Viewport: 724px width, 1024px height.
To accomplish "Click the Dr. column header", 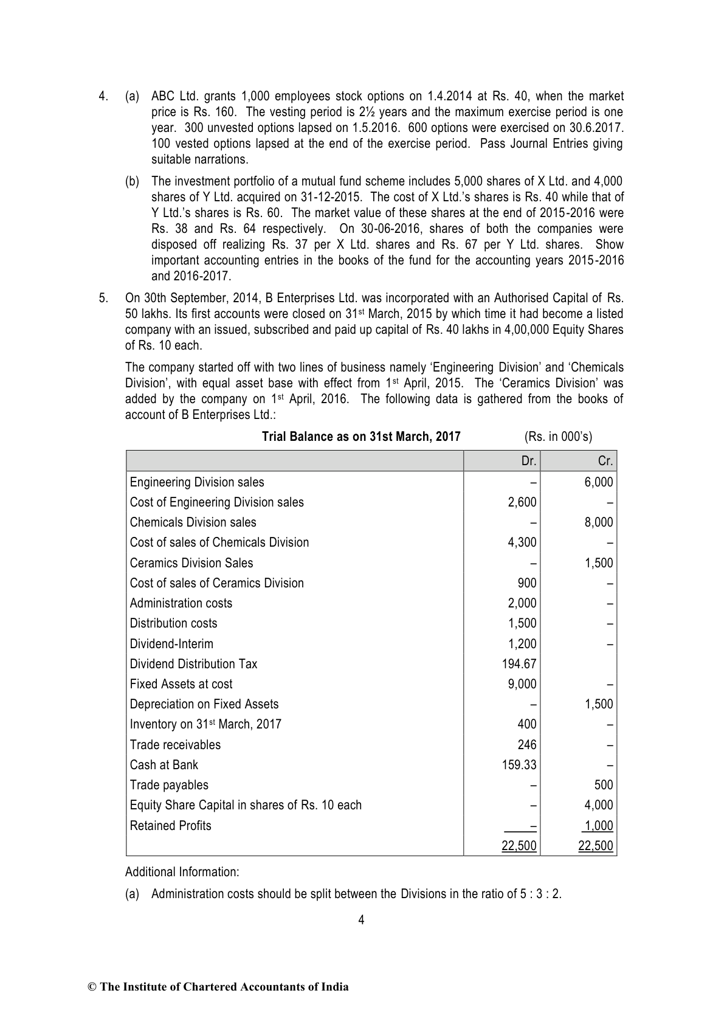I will [x=528, y=461].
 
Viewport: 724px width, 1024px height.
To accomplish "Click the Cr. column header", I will [x=605, y=461].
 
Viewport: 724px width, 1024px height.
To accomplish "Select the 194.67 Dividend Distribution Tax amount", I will [x=519, y=663].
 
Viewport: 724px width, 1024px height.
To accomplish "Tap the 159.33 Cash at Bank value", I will [x=519, y=764].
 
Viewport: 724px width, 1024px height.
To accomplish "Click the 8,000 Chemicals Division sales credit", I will [x=599, y=522].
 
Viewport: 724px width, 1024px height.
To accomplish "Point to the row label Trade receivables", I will [x=175, y=744].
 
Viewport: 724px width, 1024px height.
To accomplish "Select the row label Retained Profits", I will [x=170, y=825].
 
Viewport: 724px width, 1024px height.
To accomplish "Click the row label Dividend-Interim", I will [x=171, y=643].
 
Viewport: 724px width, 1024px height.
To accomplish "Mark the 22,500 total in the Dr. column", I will [x=519, y=846].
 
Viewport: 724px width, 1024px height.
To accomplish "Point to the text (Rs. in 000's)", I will [x=557, y=437].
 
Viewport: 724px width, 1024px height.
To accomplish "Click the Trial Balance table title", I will [x=360, y=437].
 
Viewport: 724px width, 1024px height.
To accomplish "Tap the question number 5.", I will [x=103, y=298].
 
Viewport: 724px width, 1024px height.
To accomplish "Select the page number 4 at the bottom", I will [x=361, y=920].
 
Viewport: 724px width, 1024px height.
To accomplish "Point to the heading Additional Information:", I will [x=182, y=871].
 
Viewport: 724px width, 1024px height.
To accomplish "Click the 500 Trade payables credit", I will [x=604, y=784].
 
